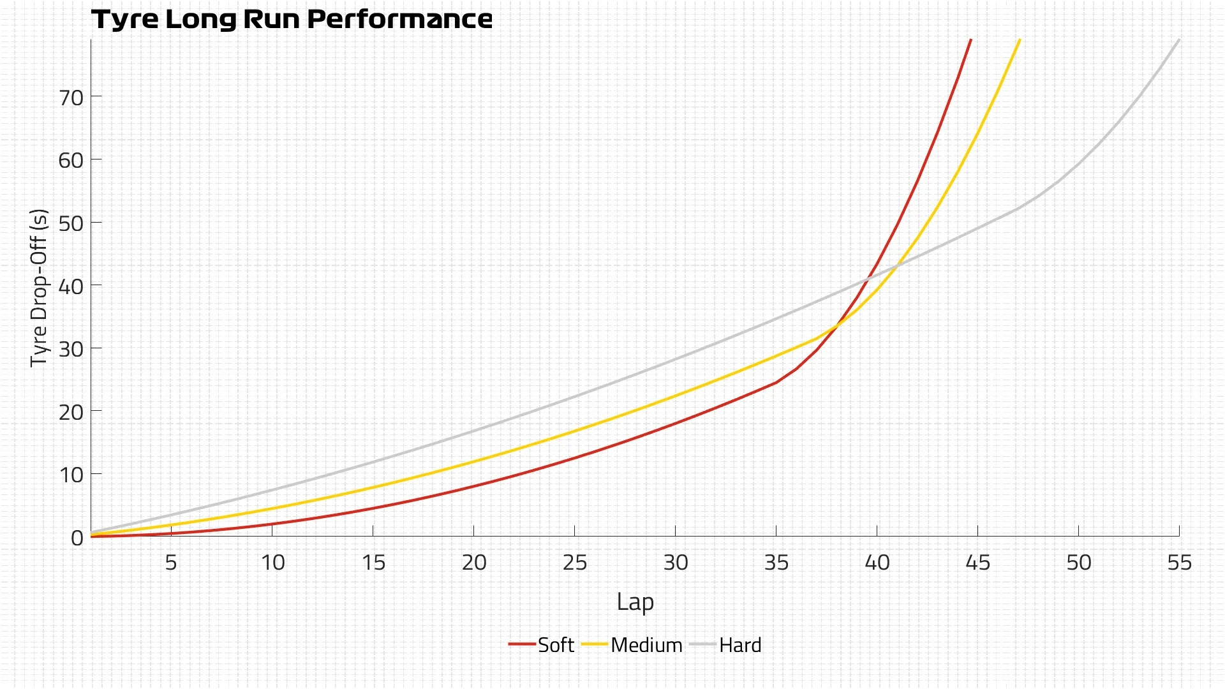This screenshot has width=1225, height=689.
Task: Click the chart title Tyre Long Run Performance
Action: [x=292, y=19]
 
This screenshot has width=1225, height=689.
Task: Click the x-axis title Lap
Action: [x=635, y=602]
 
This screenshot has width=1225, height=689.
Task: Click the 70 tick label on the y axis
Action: [x=71, y=98]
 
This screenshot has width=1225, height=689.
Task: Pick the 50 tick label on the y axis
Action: [x=71, y=223]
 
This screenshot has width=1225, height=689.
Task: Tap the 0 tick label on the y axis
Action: [x=77, y=538]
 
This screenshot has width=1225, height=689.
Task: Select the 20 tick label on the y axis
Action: [x=71, y=412]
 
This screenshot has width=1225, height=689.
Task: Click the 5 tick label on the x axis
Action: [x=171, y=562]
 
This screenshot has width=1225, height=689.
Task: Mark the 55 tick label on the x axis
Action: [x=1179, y=562]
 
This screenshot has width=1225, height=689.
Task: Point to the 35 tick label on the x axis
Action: [x=776, y=562]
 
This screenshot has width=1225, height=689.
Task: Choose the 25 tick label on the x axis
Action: [x=575, y=562]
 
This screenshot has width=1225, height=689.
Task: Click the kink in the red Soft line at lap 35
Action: [x=776, y=382]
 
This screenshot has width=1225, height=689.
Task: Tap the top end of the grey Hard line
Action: [x=1178, y=40]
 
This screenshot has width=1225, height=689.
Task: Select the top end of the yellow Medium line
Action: [x=1020, y=40]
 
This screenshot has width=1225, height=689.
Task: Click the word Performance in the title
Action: [x=399, y=19]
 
